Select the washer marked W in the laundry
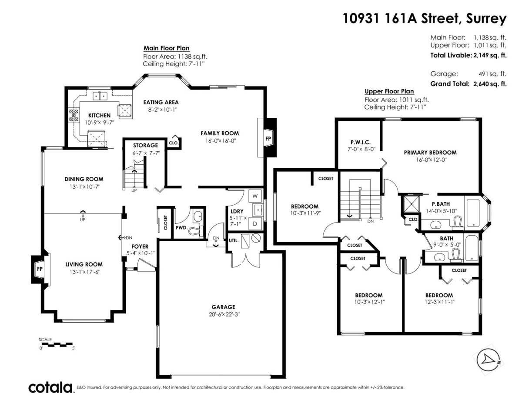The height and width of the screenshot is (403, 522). coord(255,196)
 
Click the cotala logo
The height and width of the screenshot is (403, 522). coord(50,387)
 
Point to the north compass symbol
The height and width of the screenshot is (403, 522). coord(489,360)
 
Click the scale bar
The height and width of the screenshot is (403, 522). coord(57,344)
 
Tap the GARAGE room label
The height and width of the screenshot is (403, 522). coord(223,306)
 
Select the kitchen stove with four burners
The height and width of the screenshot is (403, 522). coord(73,115)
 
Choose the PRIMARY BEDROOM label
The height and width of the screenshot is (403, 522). coord(430,153)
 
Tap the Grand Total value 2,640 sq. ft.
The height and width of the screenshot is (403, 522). coord(490,84)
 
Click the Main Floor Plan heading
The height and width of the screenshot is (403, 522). coord(166,48)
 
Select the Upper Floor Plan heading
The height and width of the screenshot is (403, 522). coord(389,91)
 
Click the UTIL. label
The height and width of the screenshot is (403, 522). coord(233,240)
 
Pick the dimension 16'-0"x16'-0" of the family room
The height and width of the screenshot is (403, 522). coord(220,141)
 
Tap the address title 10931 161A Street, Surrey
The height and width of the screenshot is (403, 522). coord(425,18)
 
